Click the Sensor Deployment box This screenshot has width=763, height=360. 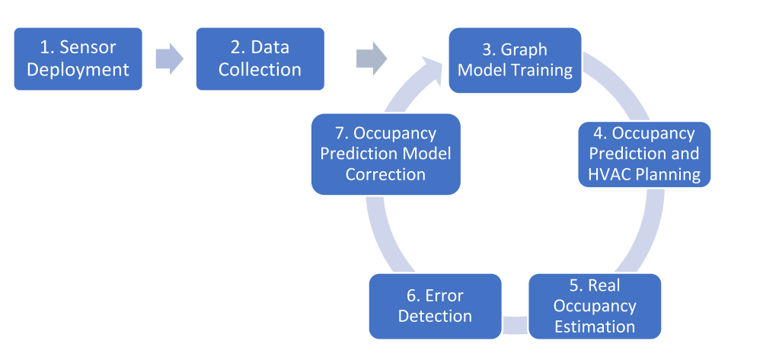78,59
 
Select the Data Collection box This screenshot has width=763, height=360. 260,59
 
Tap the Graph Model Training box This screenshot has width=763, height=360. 515,60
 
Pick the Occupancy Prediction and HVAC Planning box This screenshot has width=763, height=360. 644,155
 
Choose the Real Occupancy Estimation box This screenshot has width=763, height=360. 595,306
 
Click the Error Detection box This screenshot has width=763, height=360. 435,306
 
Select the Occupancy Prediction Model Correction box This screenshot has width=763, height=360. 386,155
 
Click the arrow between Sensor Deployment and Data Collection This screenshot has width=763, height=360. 169,59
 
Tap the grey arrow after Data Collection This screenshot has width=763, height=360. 372,59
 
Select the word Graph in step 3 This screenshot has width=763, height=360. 524,49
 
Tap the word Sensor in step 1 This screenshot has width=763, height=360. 88,48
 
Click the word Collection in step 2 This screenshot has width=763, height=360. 260,69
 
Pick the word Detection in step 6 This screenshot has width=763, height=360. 435,316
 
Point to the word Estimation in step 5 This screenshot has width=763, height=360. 595,327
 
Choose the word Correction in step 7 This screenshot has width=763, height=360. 385,174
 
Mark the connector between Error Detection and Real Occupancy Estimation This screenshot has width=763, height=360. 515,325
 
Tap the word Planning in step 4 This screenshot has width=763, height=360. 669,175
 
